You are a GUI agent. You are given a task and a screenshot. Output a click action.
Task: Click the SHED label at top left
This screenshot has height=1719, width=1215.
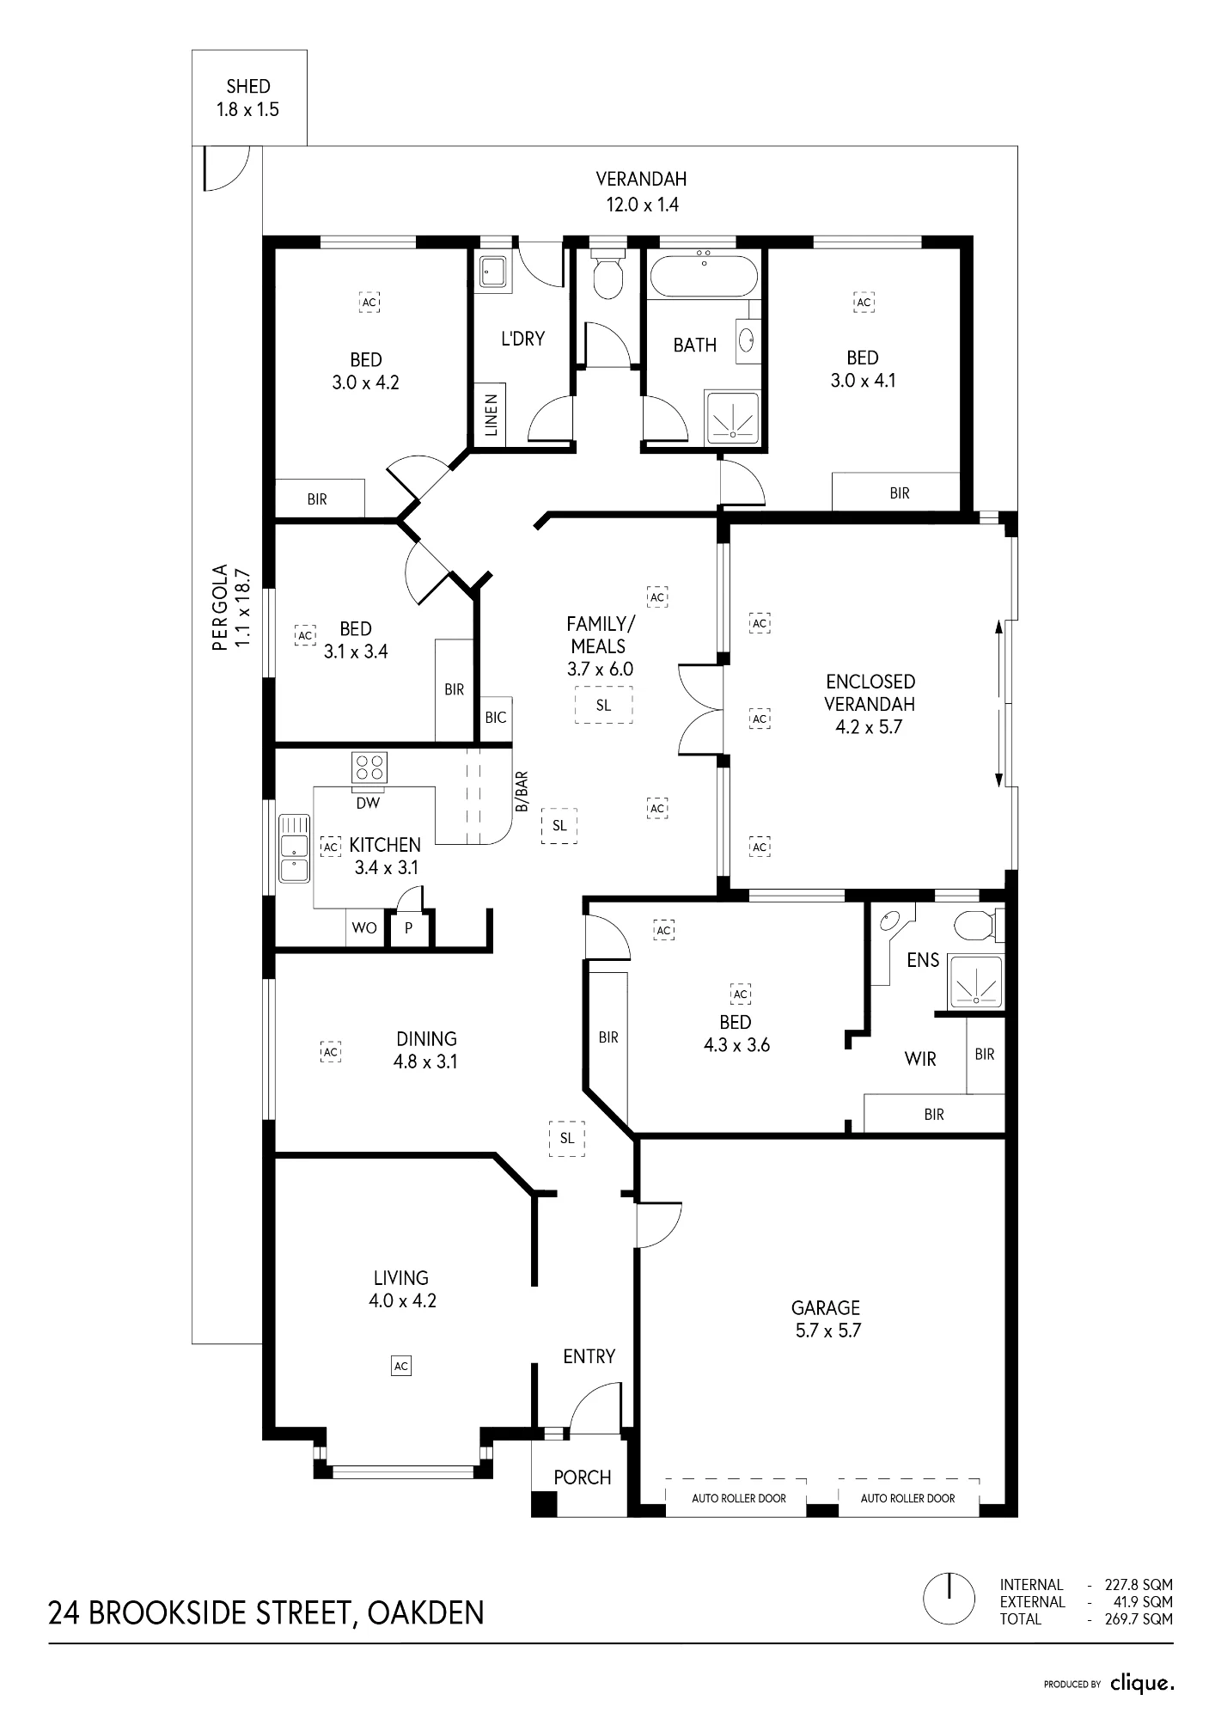[x=248, y=86]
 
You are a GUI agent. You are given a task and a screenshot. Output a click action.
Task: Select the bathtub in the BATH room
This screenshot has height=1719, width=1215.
[x=704, y=274]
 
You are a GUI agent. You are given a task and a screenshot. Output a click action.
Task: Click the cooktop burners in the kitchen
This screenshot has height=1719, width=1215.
[x=369, y=768]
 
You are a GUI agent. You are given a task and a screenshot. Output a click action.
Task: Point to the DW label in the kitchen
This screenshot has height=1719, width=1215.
[x=368, y=804]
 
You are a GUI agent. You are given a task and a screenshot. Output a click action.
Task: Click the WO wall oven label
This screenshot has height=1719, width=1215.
[x=365, y=928]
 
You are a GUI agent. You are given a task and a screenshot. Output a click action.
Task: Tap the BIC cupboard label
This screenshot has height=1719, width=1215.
[x=496, y=718]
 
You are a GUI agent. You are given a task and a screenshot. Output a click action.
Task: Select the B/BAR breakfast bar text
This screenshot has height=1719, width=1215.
[x=521, y=792]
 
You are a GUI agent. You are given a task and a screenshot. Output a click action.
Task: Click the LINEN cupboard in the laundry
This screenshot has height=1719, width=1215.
[x=491, y=414]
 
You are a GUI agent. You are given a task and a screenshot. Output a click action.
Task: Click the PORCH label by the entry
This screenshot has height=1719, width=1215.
[x=583, y=1477]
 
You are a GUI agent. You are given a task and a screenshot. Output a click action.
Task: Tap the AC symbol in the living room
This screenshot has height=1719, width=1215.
[x=400, y=1365]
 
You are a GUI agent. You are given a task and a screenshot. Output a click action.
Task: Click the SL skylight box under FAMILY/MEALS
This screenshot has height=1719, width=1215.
[x=603, y=706]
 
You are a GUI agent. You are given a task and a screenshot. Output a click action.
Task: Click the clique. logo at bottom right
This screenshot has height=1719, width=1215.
[x=1141, y=1684]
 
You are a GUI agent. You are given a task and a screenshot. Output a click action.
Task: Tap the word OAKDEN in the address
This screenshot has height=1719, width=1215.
[x=425, y=1612]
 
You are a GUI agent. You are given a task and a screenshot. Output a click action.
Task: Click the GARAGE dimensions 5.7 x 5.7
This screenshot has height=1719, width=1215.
[x=826, y=1331]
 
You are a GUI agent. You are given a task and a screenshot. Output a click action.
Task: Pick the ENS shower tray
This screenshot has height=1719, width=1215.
[x=975, y=982]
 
